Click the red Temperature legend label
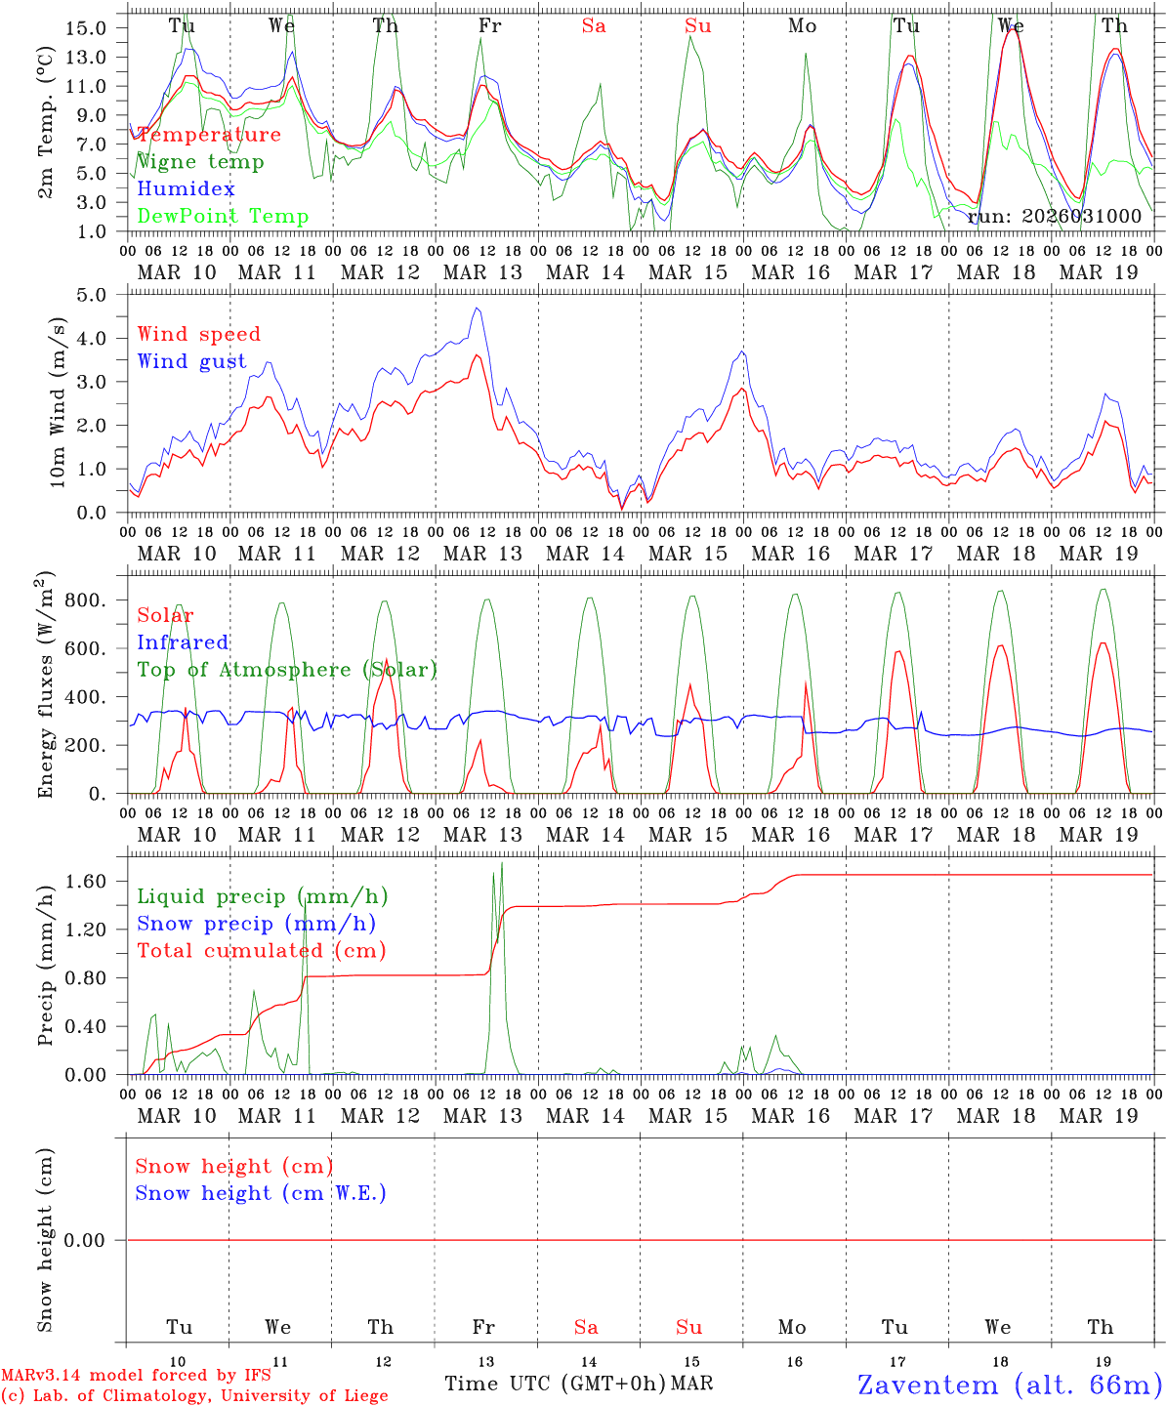tap(209, 135)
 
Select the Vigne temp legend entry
tap(200, 162)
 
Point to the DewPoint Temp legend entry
tap(223, 217)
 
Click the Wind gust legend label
tap(191, 361)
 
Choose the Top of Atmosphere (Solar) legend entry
tap(287, 670)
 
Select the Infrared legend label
tap(183, 642)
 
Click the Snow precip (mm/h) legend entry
tap(257, 924)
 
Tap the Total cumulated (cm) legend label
tap(262, 951)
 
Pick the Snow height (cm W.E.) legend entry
tap(261, 1193)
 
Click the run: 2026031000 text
tap(1054, 217)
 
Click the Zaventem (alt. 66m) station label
tap(1010, 1385)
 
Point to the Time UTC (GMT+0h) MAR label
tap(578, 1384)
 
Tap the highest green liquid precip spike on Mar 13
tap(502, 864)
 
